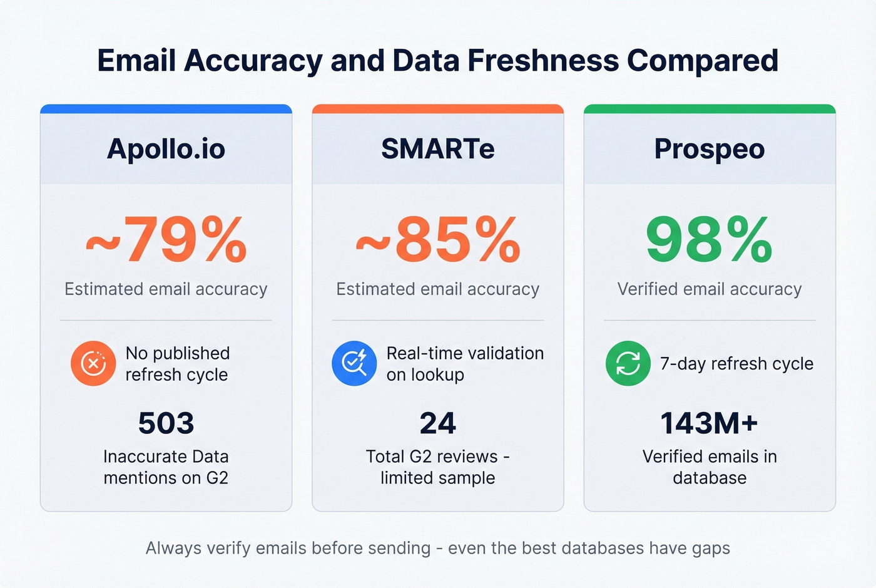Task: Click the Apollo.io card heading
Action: tap(166, 149)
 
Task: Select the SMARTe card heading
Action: tap(438, 149)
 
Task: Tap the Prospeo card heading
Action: tap(710, 149)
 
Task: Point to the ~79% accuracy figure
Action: tap(166, 239)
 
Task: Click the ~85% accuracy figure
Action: tap(438, 239)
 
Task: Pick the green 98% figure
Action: tap(710, 239)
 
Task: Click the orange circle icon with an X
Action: tap(93, 363)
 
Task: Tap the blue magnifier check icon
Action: tap(354, 363)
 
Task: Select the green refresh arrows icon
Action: tap(628, 363)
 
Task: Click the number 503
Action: tap(166, 423)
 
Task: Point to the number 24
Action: tap(438, 423)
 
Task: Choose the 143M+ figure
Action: tap(710, 423)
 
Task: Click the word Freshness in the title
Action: tap(542, 61)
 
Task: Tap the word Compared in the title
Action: tap(703, 61)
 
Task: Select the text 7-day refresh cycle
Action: tap(736, 364)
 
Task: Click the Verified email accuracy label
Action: tap(710, 289)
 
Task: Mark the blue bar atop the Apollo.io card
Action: tap(166, 109)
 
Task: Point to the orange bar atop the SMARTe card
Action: tap(438, 109)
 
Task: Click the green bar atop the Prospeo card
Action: tap(710, 109)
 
